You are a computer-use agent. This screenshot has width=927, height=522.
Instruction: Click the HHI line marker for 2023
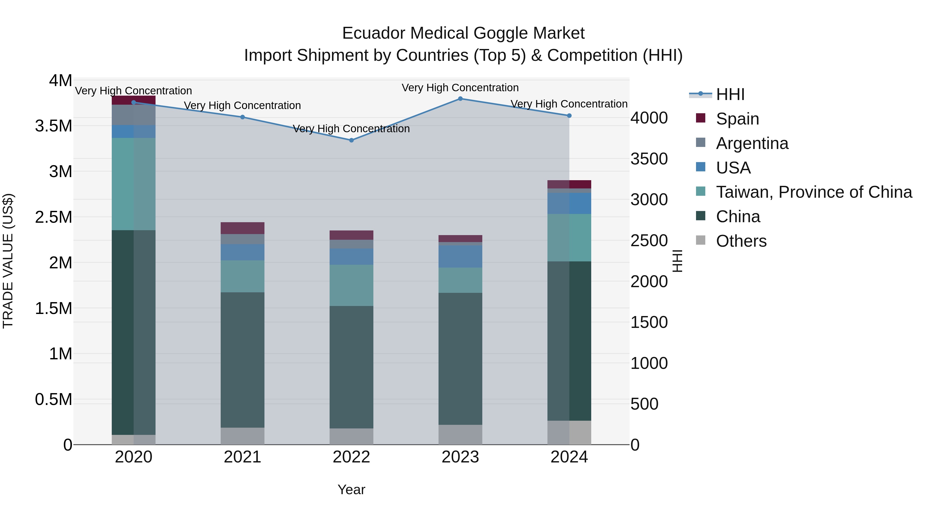pos(460,99)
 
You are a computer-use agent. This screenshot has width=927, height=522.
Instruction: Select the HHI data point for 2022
pos(351,140)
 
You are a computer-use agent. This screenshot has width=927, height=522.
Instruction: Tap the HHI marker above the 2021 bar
pos(243,117)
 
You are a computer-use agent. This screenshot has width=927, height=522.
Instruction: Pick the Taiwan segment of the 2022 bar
pos(351,285)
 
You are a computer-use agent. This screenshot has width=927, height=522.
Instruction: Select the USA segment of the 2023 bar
pos(460,256)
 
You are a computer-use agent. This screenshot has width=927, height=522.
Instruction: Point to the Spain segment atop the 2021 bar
pos(243,228)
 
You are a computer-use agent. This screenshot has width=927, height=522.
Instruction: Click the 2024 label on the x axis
pos(569,457)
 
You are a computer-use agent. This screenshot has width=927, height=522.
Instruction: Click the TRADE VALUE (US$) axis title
pos(8,261)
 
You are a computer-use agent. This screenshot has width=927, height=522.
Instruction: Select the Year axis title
pos(351,490)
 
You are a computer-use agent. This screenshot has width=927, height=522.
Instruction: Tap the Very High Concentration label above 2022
pos(351,129)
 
